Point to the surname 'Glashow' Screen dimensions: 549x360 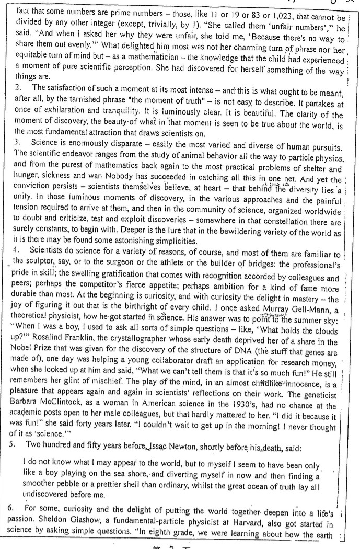pos(101,525)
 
